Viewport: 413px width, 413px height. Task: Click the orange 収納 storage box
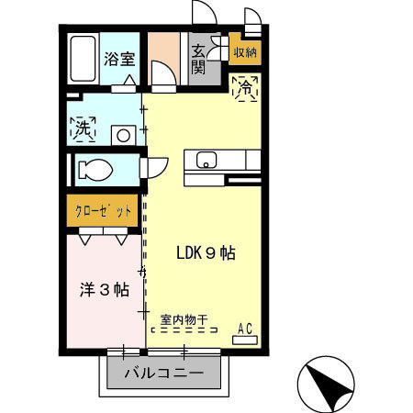(x=245, y=52)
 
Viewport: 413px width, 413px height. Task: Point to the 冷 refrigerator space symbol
(x=245, y=89)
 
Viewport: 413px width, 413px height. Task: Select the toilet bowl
(x=95, y=170)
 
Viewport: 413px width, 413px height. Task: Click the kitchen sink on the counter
(x=206, y=161)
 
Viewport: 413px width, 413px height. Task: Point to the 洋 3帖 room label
(x=103, y=289)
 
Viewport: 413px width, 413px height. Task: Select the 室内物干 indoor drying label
(x=184, y=320)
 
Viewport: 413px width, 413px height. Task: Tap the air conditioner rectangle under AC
(x=245, y=339)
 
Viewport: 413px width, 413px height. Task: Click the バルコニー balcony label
(x=162, y=374)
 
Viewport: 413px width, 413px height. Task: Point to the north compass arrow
(x=326, y=382)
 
